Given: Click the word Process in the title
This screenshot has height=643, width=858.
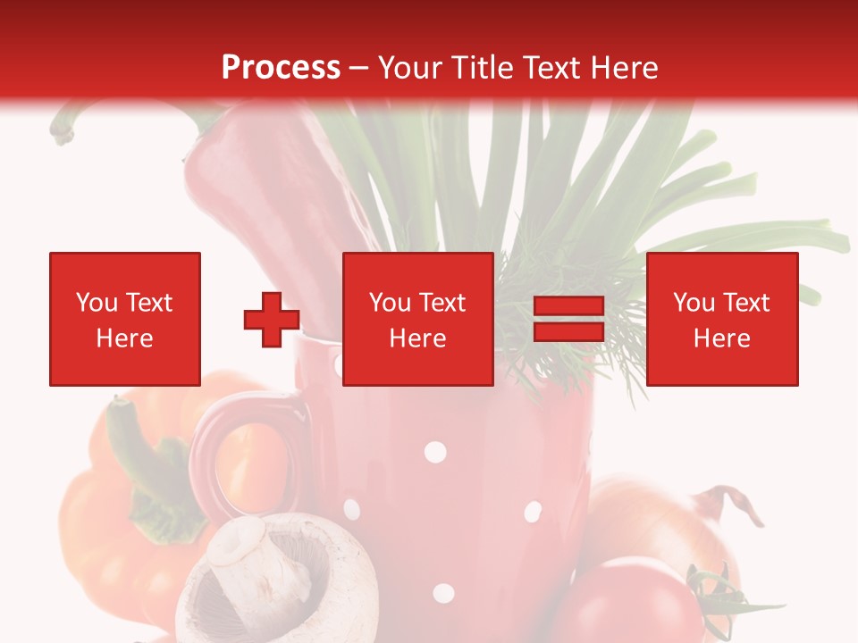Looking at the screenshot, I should pos(281,67).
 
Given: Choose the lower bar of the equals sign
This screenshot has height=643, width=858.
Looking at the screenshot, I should pos(569,332).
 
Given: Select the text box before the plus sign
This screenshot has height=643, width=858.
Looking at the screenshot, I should pos(124,319).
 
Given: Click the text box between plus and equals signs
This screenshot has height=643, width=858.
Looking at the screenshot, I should pos(417,319).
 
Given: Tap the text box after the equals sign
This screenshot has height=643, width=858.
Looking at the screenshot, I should pos(721,319).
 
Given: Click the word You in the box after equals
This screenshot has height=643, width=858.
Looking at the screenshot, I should pos(694,304).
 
